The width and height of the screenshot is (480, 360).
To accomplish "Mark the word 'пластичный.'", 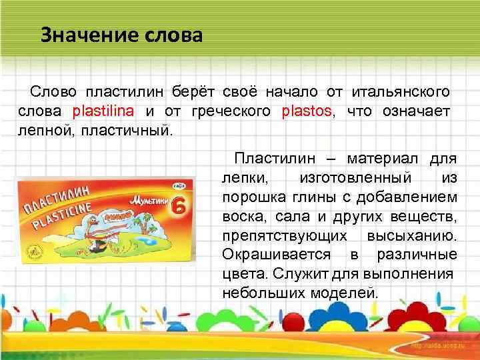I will [x=126, y=127].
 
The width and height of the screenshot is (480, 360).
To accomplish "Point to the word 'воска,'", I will [x=241, y=217].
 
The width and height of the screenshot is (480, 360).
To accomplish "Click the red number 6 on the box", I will [x=179, y=204].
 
